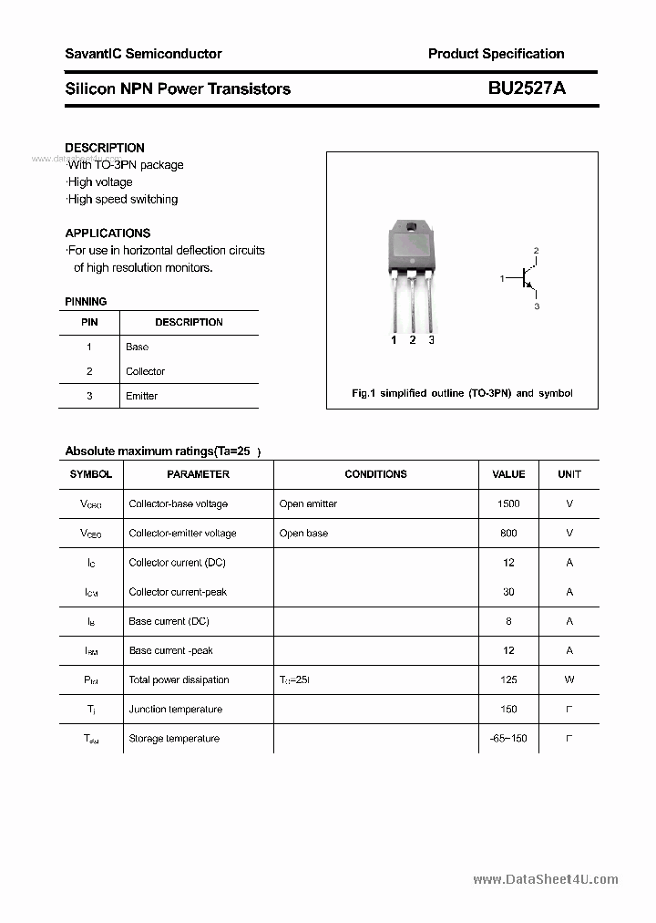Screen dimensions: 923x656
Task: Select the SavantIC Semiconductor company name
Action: [143, 54]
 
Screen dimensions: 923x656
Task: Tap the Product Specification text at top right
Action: [496, 54]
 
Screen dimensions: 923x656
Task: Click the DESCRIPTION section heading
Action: [105, 148]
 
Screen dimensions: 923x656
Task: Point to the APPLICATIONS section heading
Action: [108, 233]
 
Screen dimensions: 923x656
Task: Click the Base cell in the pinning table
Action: [137, 347]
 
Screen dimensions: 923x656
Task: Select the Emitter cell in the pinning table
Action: [141, 396]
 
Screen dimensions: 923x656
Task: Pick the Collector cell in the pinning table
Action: [145, 371]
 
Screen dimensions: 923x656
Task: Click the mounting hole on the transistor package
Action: [411, 227]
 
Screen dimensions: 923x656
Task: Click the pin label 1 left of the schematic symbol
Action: [502, 278]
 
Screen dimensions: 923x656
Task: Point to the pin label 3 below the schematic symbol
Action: [537, 306]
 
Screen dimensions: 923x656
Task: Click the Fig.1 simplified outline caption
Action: [462, 393]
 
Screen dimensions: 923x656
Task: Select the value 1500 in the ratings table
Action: [508, 503]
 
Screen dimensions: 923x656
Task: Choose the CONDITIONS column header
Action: [375, 474]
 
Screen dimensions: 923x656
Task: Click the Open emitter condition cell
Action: [308, 503]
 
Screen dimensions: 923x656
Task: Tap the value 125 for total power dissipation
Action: [508, 679]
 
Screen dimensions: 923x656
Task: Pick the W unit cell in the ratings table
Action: [569, 679]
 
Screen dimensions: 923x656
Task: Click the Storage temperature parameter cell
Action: [174, 738]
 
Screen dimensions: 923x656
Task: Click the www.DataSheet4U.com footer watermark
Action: [545, 880]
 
